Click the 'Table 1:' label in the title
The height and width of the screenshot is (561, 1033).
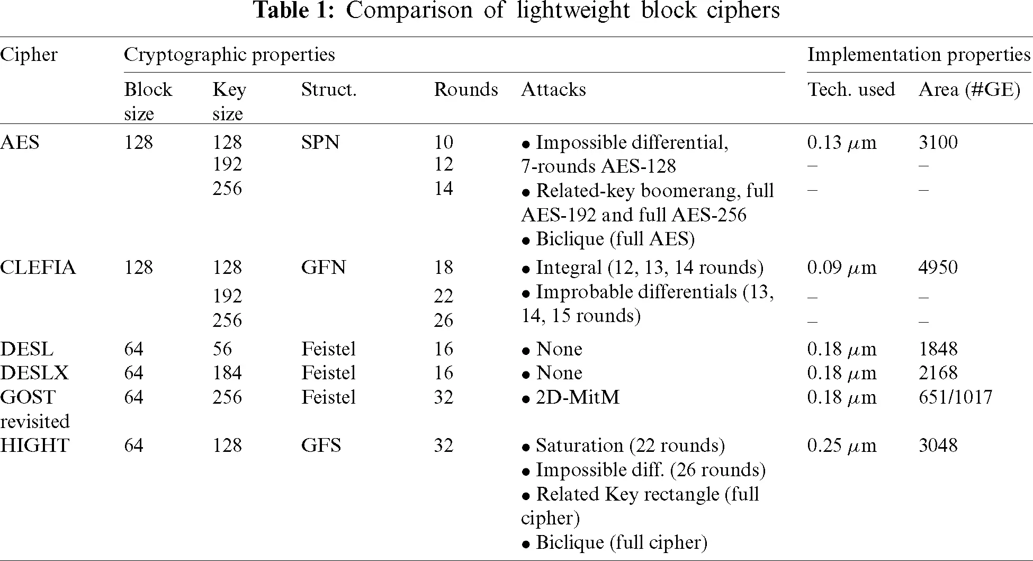(294, 11)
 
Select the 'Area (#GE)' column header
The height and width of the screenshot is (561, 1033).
(969, 90)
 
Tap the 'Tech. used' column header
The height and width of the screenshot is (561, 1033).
(851, 90)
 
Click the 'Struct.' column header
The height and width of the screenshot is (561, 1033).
(329, 90)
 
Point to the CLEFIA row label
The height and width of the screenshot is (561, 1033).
(38, 268)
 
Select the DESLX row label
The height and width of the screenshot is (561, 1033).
(34, 373)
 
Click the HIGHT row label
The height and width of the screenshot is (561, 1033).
(34, 446)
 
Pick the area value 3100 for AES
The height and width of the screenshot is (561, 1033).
(938, 143)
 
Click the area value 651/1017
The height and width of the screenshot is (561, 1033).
(955, 397)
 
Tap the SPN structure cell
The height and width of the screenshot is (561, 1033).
(320, 143)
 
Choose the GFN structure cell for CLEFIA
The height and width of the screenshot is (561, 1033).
(324, 268)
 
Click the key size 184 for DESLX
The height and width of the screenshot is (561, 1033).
(227, 373)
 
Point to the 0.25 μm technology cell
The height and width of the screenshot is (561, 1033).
(841, 446)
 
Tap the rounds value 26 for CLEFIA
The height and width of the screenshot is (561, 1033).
(443, 320)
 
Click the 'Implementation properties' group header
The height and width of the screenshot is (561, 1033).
(919, 55)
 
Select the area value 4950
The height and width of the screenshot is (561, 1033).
(938, 268)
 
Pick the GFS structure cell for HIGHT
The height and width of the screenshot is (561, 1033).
(321, 446)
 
